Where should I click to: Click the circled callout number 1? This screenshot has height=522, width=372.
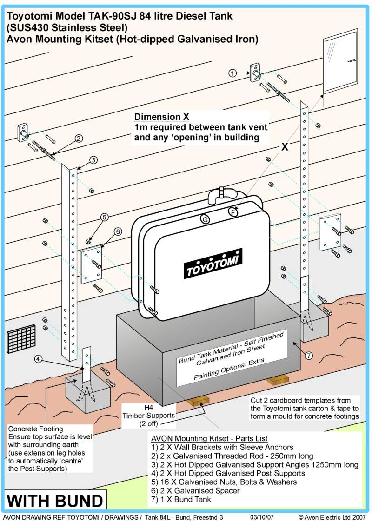[x=233, y=73]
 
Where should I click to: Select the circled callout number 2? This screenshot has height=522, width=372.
[x=79, y=138]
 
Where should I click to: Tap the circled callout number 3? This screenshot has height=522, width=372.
[x=93, y=160]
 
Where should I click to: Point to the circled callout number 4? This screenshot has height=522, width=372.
[x=39, y=358]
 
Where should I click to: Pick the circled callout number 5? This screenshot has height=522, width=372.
[x=104, y=217]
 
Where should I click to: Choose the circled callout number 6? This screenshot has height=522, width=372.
[x=118, y=231]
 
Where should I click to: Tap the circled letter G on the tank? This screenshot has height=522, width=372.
[x=204, y=219]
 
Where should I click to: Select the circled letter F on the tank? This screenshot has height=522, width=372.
[x=233, y=212]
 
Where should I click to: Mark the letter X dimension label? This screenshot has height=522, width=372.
[x=284, y=147]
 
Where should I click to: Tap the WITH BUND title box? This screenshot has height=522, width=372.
[x=55, y=501]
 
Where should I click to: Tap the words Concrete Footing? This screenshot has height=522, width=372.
[x=35, y=429]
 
